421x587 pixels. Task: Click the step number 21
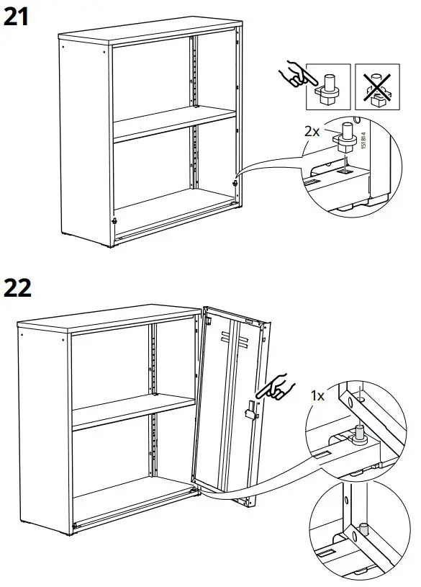click(17, 16)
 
